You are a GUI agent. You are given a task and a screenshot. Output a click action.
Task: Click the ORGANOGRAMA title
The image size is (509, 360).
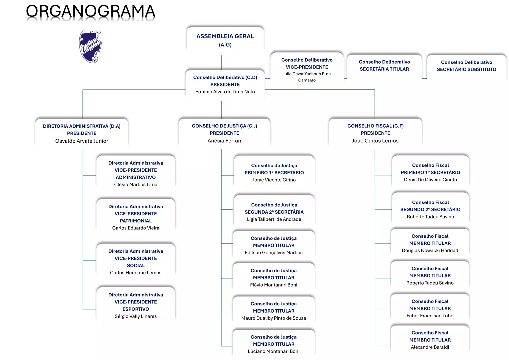pos(90,11)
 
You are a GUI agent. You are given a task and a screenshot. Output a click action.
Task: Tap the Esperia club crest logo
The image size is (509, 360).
pos(90,47)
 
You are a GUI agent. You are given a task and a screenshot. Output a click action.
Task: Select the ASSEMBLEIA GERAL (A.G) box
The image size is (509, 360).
pos(225,40)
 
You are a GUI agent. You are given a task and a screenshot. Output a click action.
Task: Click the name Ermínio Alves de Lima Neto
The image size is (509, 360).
pos(225,92)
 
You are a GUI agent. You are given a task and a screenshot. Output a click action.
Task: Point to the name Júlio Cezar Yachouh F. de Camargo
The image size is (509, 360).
pos(307,77)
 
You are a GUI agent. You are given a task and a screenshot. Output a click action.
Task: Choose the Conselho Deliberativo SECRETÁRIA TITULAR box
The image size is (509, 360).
pos(384,66)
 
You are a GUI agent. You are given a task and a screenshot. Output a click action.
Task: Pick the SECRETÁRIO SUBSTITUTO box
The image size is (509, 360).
pos(466,66)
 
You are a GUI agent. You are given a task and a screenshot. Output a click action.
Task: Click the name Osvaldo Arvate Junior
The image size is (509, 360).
pos(82,141)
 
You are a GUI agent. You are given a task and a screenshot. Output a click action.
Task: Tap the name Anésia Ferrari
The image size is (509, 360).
pos(224,141)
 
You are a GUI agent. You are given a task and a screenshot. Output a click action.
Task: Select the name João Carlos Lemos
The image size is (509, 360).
pos(375,141)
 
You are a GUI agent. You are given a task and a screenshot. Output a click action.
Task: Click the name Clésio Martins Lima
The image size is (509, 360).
pos(136,184)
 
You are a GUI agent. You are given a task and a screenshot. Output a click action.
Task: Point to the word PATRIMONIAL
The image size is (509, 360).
pos(136,221)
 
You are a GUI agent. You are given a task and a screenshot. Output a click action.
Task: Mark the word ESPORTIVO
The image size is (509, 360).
pos(136,309)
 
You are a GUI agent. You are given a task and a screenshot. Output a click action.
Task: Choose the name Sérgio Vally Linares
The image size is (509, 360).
pos(136,316)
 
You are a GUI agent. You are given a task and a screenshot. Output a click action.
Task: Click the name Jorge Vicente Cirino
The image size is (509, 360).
pos(274,180)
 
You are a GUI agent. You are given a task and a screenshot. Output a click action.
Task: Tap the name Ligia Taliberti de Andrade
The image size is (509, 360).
pos(274,219)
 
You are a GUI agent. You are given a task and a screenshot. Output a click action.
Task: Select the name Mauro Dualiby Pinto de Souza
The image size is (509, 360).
pos(274,318)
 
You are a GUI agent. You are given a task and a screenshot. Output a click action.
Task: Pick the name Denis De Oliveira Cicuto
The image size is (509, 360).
pos(430,180)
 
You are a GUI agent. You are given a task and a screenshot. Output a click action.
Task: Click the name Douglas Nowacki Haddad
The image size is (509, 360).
pos(430,250)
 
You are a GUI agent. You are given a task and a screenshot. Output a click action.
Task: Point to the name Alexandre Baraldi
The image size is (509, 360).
pos(430,347)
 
